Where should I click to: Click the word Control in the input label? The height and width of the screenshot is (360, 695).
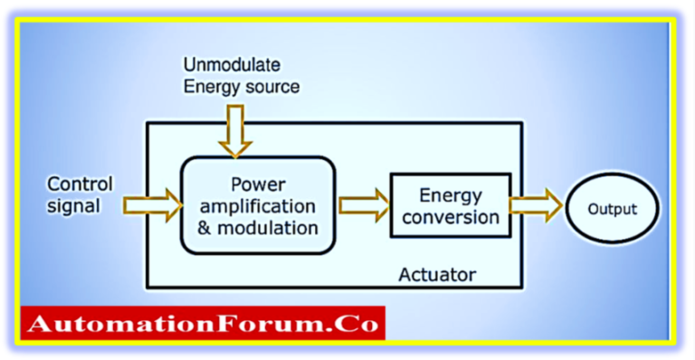[x=81, y=185]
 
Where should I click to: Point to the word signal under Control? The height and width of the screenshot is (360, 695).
[x=73, y=206]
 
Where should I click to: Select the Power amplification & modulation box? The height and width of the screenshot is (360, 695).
[x=258, y=204]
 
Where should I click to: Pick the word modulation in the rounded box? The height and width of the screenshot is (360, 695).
[x=270, y=227]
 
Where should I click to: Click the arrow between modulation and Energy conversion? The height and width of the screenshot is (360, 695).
[x=362, y=204]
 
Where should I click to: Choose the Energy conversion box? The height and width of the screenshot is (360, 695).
[x=450, y=205]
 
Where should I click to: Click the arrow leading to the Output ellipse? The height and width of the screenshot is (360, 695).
[x=535, y=206]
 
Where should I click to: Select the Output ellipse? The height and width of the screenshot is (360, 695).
[x=613, y=209]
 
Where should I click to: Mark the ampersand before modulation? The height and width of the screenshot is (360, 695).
[x=204, y=227]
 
